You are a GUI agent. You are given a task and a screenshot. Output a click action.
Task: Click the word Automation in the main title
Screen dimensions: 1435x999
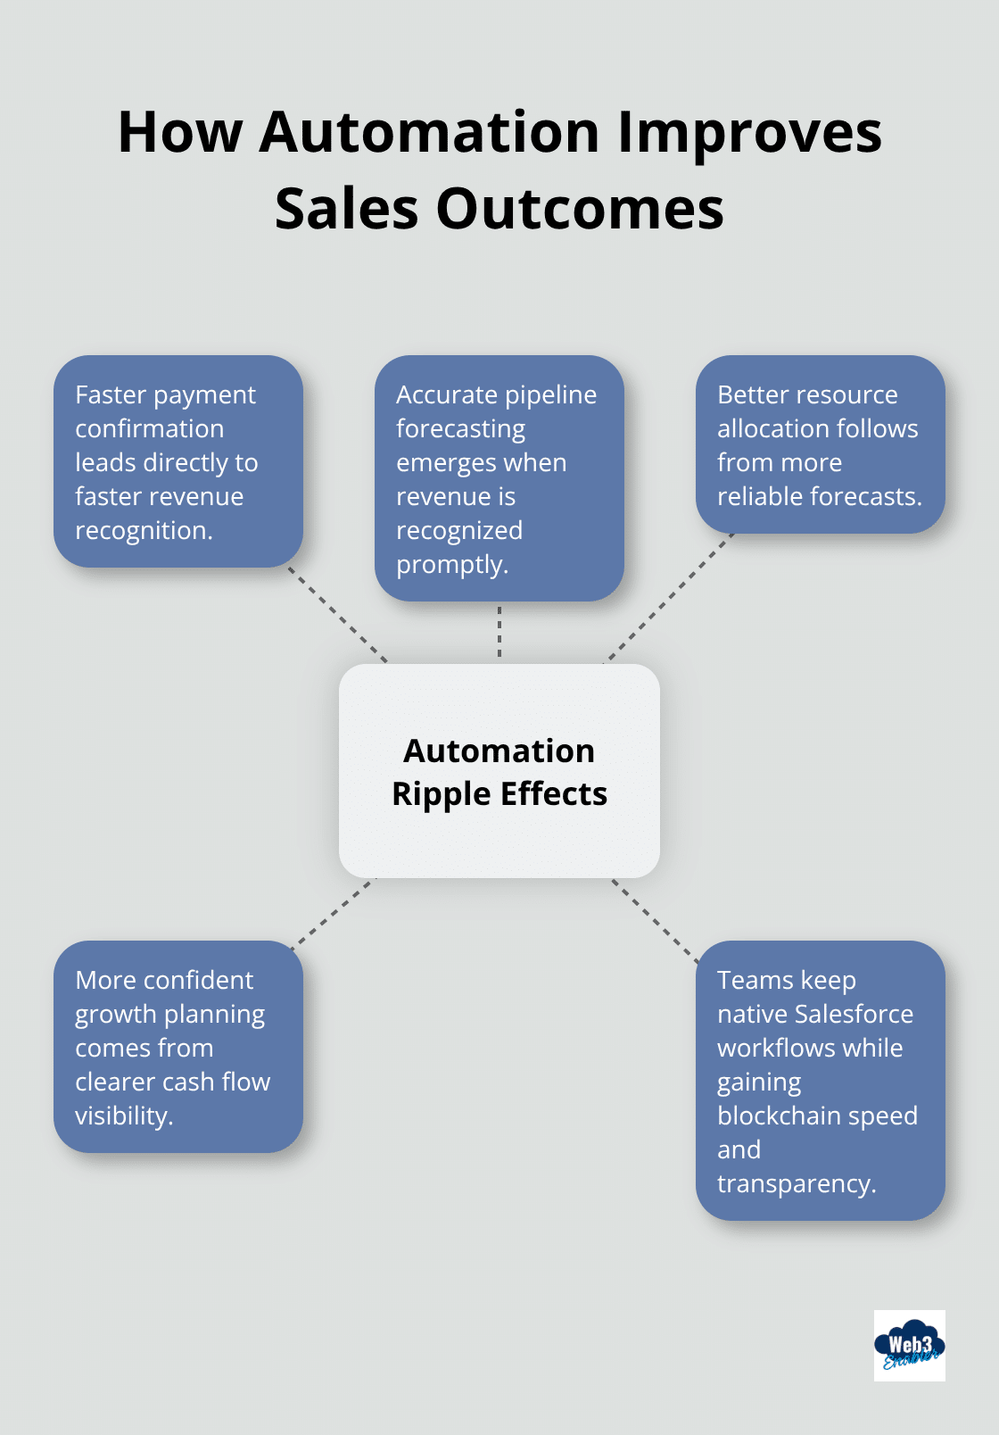point(429,132)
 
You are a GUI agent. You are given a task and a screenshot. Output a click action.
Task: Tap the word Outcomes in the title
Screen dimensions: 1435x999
point(579,209)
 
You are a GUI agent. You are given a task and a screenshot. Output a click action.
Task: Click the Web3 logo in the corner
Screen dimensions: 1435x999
point(909,1346)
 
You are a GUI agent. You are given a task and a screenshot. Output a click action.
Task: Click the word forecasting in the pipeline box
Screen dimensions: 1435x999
point(460,428)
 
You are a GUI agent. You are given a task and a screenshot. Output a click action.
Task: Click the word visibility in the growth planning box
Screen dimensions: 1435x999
point(123,1116)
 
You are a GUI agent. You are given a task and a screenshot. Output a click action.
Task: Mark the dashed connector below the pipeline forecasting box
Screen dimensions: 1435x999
point(499,632)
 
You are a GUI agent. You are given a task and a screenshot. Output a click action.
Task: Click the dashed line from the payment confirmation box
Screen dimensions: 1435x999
point(338,615)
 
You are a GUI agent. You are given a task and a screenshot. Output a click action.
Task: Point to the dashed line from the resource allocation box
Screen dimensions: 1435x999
point(669,598)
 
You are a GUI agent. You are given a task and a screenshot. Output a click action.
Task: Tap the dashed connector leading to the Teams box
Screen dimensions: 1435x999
point(655,920)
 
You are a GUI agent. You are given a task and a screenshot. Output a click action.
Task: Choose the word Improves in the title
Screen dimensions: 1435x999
point(749,132)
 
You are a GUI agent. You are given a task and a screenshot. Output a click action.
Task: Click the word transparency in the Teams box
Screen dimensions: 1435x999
point(796,1183)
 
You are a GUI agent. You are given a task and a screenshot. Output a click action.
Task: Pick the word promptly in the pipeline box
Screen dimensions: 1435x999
point(451,564)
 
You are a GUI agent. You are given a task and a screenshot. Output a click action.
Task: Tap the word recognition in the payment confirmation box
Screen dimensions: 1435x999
point(143,530)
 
